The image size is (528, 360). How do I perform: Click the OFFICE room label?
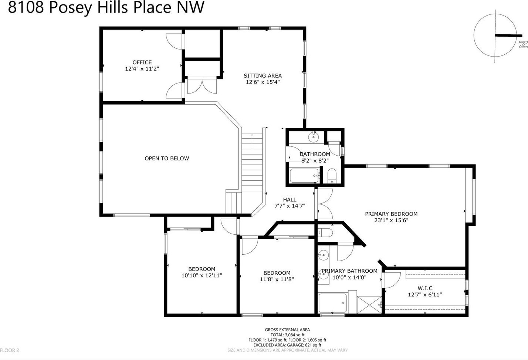[x=142, y=62]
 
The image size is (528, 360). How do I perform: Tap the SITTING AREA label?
[x=263, y=76]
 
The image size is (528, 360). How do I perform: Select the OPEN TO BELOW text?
[x=167, y=158]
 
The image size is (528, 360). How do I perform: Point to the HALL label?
[x=290, y=200]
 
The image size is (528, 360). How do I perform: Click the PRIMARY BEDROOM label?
[x=391, y=214]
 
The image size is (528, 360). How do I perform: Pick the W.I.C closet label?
[x=425, y=288]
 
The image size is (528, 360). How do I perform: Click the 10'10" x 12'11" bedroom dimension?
[x=202, y=275]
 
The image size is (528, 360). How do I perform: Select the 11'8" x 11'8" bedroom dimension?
[x=277, y=279]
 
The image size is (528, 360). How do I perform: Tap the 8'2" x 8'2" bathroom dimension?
[x=315, y=160]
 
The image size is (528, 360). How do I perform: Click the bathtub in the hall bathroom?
[x=304, y=176]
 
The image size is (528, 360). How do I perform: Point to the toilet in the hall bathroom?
[x=332, y=176]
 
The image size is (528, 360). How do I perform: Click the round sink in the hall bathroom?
[x=314, y=137]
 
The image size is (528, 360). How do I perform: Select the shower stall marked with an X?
[x=369, y=305]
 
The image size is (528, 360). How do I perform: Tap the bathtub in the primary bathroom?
[x=333, y=303]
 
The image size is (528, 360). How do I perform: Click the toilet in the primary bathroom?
[x=325, y=233]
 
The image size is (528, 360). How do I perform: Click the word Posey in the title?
[x=70, y=7]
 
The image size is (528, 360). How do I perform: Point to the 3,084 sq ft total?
[x=295, y=335]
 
